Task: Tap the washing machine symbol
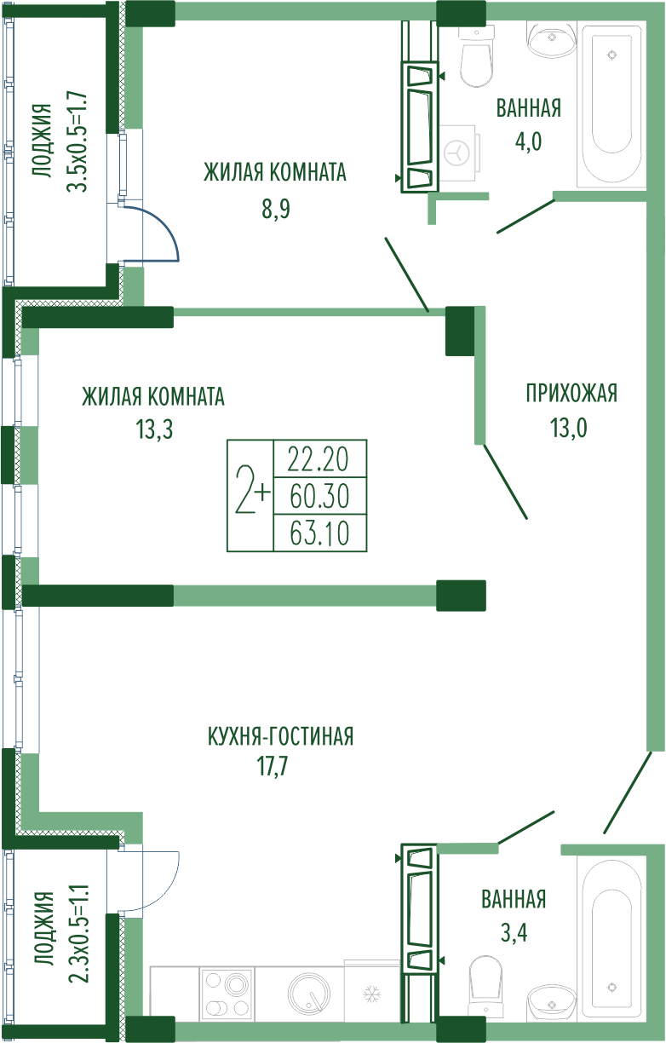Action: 458,153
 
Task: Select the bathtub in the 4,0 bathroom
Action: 611,104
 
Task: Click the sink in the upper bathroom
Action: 553,39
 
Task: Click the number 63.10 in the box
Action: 319,533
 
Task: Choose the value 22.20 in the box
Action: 319,458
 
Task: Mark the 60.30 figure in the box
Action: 319,496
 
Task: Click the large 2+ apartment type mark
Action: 252,492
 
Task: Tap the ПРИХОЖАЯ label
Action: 571,394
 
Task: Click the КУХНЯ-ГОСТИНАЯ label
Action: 281,736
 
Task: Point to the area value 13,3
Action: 154,429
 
